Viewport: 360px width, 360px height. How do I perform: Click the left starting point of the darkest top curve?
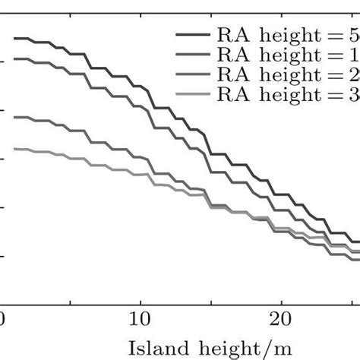tap(15, 38)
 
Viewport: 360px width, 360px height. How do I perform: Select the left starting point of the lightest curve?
tap(15, 149)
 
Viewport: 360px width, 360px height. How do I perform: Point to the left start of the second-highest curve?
tap(15, 58)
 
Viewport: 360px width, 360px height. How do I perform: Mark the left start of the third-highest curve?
tap(15, 117)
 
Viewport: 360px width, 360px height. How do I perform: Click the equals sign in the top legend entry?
tap(335, 36)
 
